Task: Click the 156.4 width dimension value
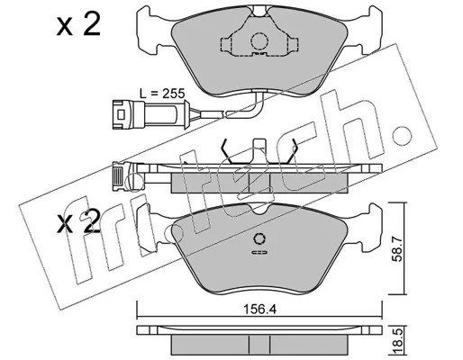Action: pos(259,309)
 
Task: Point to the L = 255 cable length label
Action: pos(162,94)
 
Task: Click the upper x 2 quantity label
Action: pos(78,25)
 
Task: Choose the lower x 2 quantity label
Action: pos(78,222)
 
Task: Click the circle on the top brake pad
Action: pos(259,40)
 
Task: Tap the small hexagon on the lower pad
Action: pos(259,239)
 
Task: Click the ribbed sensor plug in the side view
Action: pos(118,178)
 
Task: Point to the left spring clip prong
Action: pos(226,151)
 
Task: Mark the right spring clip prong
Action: pos(292,151)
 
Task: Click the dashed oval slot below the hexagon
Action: pos(259,252)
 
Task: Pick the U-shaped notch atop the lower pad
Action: pos(259,209)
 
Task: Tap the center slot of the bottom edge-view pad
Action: pos(259,345)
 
